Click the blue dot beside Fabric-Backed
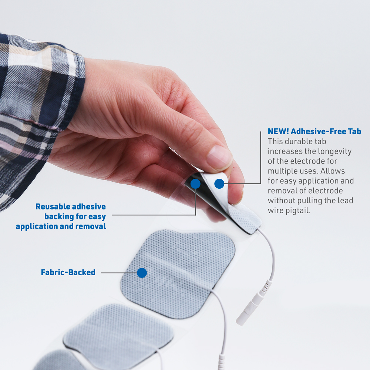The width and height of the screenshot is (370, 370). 142,273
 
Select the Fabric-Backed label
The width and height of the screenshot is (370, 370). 68,273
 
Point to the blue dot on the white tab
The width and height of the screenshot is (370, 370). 219,184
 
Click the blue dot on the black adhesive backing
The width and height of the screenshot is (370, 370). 195,184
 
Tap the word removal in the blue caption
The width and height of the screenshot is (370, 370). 91,226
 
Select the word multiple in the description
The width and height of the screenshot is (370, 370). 282,171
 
